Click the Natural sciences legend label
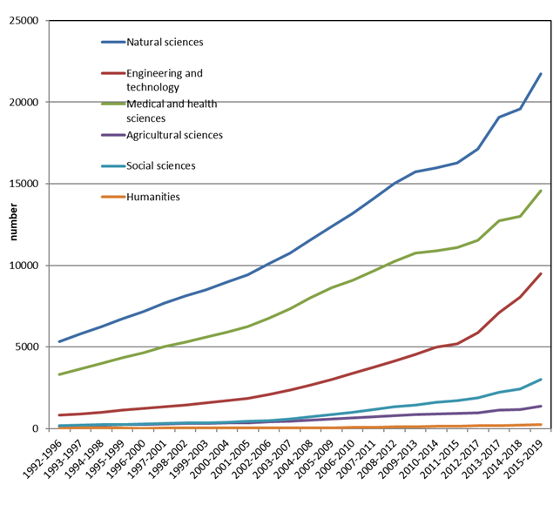pos(165,42)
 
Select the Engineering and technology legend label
pos(164,80)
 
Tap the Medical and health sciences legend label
pos(171,111)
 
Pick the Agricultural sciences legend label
pos(174,135)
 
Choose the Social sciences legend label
pos(160,165)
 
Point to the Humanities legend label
pos(153,197)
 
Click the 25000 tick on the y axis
pos(32,20)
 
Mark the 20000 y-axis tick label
pos(32,102)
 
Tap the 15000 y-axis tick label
pos(32,184)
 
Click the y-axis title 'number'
pos(12,224)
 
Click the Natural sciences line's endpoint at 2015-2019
pos(541,74)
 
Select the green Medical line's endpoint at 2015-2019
pos(541,191)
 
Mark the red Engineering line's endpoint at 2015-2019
pos(541,273)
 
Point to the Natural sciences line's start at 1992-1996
pos(58,341)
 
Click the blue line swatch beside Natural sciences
pos(112,42)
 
